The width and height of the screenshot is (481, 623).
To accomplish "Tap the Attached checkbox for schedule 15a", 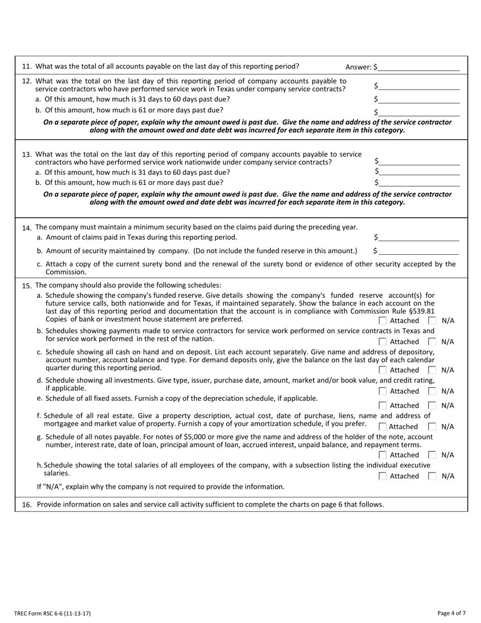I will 383,321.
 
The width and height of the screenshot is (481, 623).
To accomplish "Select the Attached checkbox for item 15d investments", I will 383,391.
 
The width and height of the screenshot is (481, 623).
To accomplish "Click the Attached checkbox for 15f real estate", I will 383,427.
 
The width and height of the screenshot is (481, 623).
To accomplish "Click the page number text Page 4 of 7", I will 451,613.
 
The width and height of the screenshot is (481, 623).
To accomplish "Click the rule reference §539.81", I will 418,310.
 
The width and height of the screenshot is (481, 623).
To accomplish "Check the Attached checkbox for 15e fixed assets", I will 383,406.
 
